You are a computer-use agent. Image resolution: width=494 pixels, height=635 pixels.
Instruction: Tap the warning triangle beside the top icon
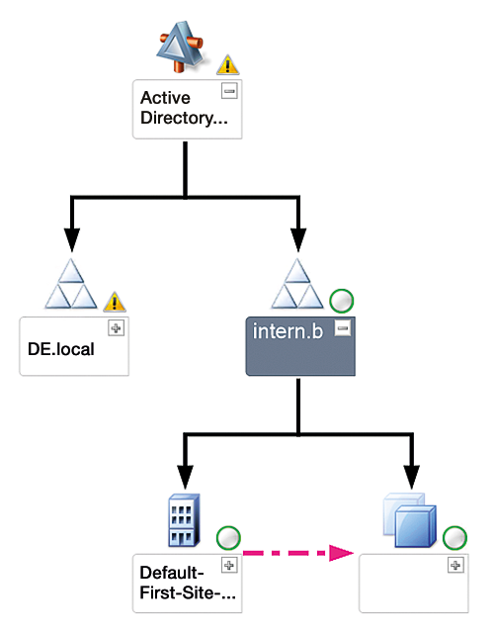228,66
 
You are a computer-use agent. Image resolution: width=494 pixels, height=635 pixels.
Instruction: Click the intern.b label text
289,332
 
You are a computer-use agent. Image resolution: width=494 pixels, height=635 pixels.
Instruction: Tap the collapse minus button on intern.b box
342,329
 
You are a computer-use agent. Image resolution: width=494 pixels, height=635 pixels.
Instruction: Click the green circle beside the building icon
227,539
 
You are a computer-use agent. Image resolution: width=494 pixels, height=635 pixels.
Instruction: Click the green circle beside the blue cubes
453,539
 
